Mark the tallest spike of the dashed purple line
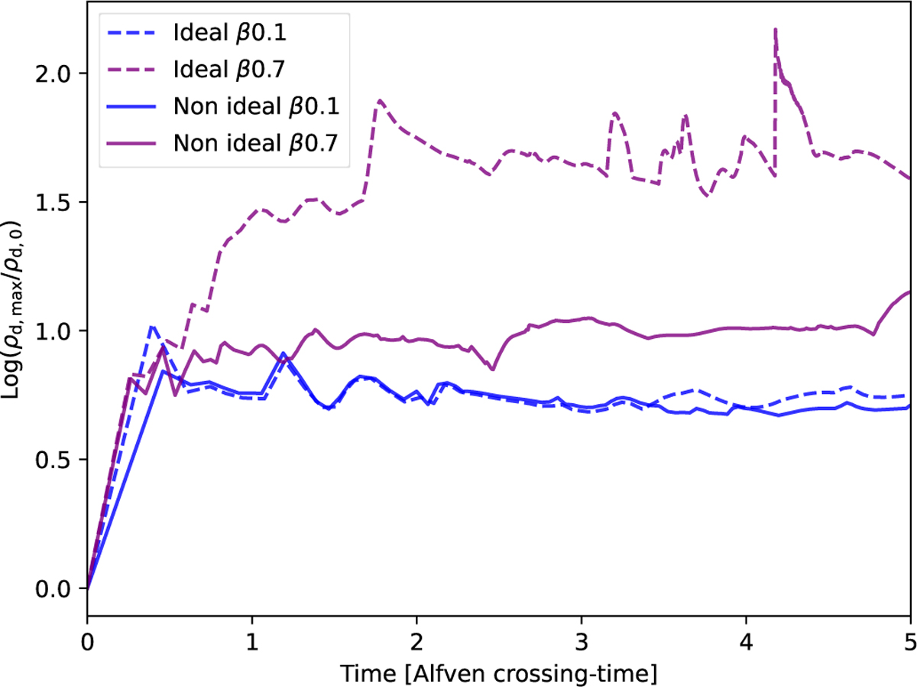coord(776,30)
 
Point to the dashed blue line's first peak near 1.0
coord(152,327)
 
